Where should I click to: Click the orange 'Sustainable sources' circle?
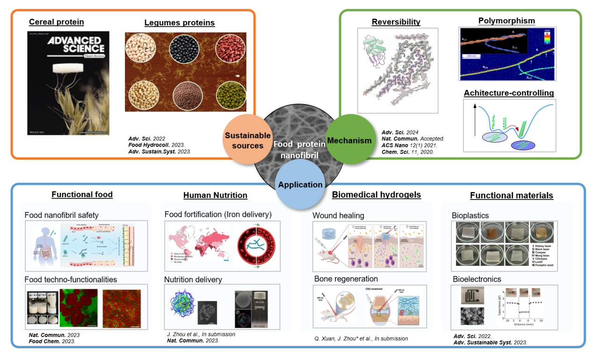[247, 140]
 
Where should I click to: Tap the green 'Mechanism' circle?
[349, 140]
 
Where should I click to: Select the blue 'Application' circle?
[300, 184]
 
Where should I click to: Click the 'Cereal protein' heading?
[57, 22]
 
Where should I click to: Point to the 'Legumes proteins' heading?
[180, 22]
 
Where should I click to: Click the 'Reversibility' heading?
[396, 22]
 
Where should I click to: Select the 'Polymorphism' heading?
[507, 21]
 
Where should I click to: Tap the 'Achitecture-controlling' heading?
[509, 93]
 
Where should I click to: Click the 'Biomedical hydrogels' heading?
[376, 194]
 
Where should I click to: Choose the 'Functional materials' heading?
[511, 195]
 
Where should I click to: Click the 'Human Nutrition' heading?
[215, 195]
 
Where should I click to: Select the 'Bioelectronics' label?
[477, 279]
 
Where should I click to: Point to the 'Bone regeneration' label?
[346, 279]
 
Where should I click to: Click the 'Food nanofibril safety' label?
[62, 215]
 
